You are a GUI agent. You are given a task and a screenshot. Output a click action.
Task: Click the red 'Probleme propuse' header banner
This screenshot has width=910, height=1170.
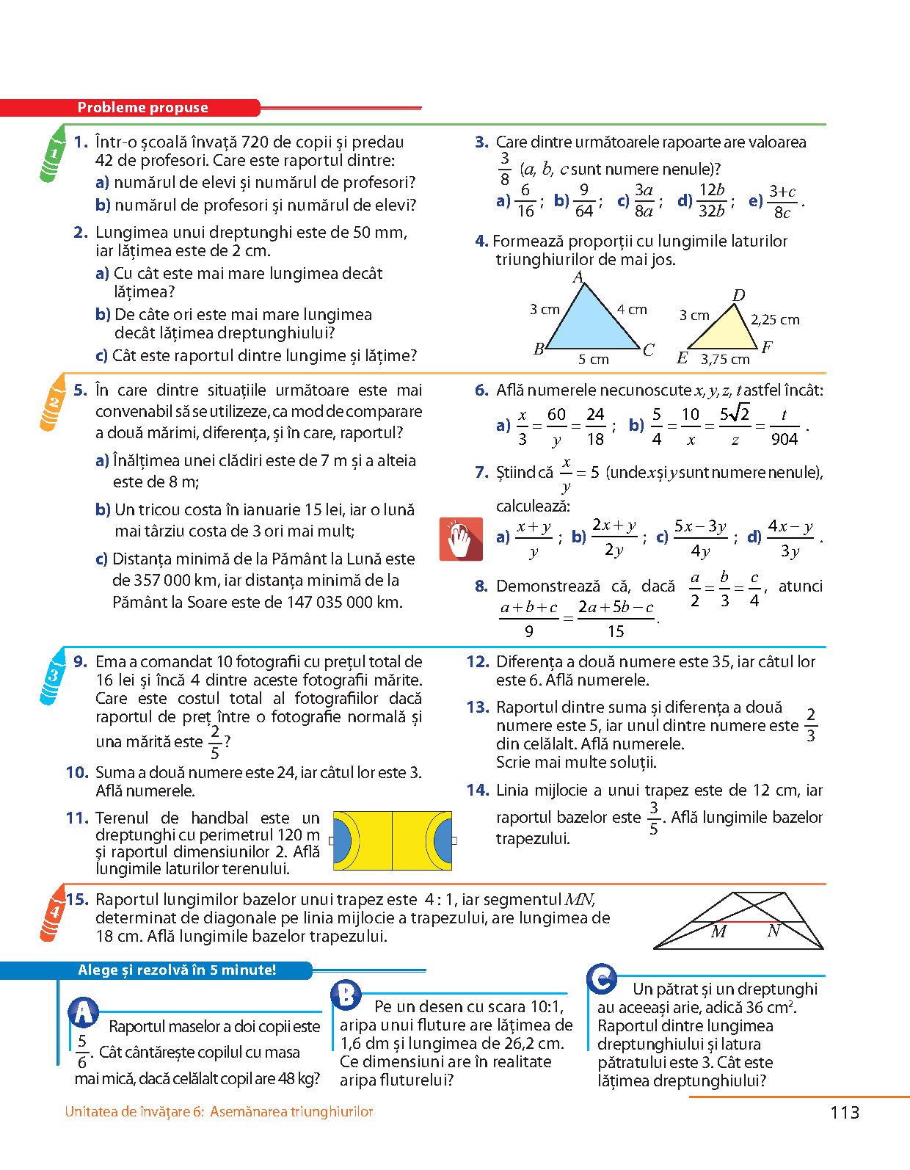tap(143, 108)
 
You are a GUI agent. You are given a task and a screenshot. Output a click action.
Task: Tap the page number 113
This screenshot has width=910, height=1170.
tap(845, 1113)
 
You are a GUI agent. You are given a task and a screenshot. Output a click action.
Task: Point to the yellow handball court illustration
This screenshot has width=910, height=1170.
tap(392, 840)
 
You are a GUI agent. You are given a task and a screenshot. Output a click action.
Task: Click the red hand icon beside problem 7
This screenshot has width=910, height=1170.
tap(460, 539)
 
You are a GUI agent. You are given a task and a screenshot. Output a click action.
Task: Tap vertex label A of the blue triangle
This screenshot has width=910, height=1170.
tap(578, 277)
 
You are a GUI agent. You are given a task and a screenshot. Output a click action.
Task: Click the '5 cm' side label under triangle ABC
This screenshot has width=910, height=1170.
tap(593, 360)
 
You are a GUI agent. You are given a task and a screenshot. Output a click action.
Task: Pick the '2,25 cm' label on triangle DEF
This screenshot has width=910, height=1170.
tap(775, 320)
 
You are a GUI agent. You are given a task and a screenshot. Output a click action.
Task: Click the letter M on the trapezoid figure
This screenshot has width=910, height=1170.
tap(718, 931)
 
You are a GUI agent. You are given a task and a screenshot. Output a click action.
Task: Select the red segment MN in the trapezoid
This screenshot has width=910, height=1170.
tap(747, 921)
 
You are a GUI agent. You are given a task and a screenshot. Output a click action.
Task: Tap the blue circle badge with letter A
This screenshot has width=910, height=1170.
tap(84, 1013)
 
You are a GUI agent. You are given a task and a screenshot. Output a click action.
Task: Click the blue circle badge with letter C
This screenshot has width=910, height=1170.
tap(602, 978)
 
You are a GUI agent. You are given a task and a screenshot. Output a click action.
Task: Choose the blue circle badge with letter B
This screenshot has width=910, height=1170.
tap(345, 996)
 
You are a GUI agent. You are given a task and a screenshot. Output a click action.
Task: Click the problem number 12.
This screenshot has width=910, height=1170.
tap(477, 662)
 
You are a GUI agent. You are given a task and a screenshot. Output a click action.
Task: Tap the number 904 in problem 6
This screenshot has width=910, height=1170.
tap(785, 439)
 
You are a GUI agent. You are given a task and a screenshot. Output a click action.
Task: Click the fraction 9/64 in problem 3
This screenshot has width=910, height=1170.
tap(583, 200)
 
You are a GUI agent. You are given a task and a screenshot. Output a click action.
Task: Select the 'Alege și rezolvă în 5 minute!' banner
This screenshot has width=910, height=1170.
tap(177, 970)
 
